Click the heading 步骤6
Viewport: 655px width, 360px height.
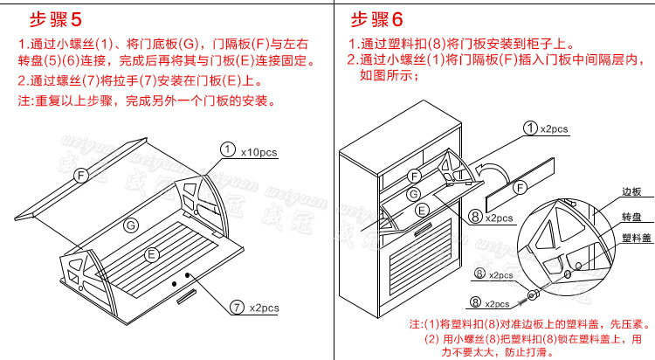click(x=377, y=19)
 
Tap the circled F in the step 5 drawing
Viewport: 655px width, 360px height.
click(x=81, y=175)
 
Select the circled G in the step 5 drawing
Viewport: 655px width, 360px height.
click(x=130, y=224)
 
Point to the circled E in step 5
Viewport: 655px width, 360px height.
click(x=151, y=254)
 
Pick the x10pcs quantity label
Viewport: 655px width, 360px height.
click(x=259, y=151)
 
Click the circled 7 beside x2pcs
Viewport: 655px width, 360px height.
click(x=237, y=307)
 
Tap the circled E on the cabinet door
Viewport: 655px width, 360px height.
click(x=423, y=209)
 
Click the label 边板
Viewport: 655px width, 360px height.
click(x=631, y=190)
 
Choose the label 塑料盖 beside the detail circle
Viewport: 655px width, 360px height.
click(x=633, y=237)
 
